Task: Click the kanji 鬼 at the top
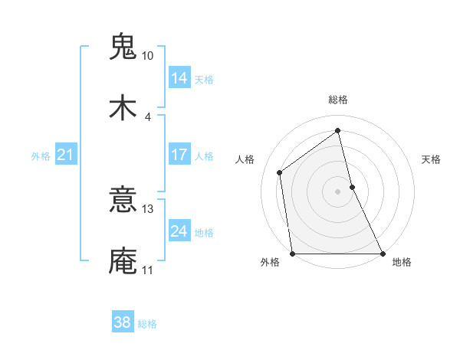123,47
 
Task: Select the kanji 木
123,108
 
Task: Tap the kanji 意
123,201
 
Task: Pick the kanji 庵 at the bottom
123,261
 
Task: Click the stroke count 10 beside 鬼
147,56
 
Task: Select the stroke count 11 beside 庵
147,270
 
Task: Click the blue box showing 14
179,78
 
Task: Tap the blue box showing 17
179,155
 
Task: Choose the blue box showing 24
179,231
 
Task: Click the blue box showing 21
66,155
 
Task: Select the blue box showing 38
123,323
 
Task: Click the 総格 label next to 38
147,324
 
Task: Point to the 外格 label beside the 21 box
41,156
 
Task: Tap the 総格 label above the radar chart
338,100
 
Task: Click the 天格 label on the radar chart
432,159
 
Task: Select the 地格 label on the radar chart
402,262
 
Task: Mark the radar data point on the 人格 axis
280,172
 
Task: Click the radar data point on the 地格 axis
383,254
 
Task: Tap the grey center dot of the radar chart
338,191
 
